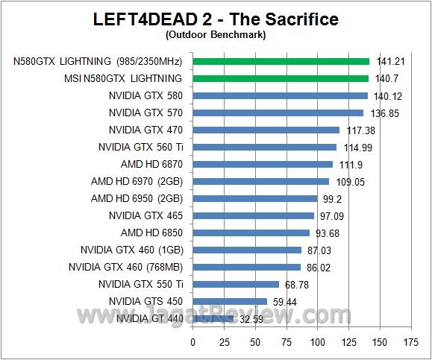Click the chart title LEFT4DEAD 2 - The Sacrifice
tap(216, 19)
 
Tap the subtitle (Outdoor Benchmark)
tap(216, 34)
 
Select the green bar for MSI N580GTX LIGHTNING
tap(281, 78)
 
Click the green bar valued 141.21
tap(281, 61)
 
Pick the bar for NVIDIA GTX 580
tap(281, 95)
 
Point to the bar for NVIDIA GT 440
tap(213, 318)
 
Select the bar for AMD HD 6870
tap(263, 164)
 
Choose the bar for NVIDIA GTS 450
tap(230, 301)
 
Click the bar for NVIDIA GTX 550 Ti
tap(236, 284)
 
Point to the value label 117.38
tap(357, 130)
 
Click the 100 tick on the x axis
tap(318, 342)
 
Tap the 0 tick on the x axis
tap(193, 342)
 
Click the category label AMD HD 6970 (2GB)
tap(137, 181)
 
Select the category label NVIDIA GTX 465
tap(145, 215)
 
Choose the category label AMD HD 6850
tap(151, 233)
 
